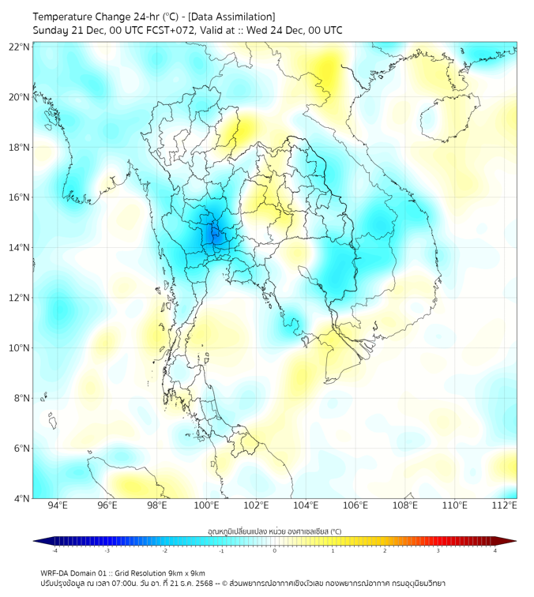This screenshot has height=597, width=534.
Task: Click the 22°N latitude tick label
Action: tap(20, 47)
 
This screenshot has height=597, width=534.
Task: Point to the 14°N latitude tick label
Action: tap(20, 248)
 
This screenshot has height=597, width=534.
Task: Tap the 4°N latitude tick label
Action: tap(22, 499)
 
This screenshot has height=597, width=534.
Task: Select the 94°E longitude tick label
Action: tap(58, 505)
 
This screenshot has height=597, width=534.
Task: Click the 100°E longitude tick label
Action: tap(206, 505)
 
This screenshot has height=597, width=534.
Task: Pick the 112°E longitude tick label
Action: tap(505, 505)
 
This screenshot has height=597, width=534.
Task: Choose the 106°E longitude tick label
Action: tap(355, 505)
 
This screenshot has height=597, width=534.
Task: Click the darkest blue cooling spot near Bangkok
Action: tap(213, 234)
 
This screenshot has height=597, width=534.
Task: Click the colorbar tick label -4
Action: tap(55, 550)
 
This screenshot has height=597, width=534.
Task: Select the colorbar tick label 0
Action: tap(275, 550)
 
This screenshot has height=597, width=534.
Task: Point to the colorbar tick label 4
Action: tap(495, 550)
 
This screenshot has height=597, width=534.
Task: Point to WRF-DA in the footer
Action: tap(56, 573)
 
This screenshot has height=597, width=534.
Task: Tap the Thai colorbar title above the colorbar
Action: tap(274, 531)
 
